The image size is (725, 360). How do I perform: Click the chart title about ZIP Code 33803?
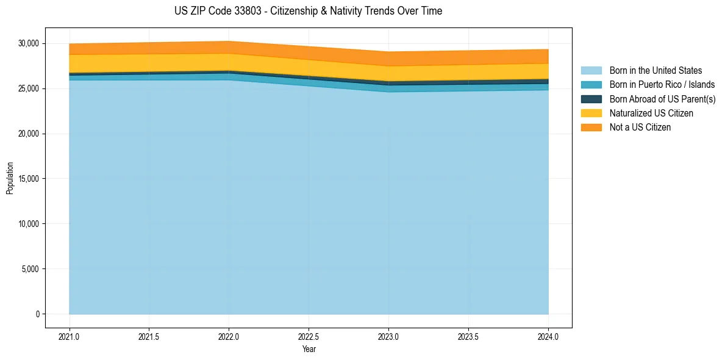pyautogui.click(x=308, y=11)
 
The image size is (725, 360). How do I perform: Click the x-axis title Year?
pyautogui.click(x=309, y=349)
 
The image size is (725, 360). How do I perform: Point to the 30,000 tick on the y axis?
pyautogui.click(x=28, y=43)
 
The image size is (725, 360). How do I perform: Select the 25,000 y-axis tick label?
pyautogui.click(x=28, y=88)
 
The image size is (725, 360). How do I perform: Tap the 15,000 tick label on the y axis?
pyautogui.click(x=28, y=179)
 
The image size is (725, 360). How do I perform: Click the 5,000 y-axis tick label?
pyautogui.click(x=30, y=269)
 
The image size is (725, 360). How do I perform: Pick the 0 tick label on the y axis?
pyautogui.click(x=37, y=314)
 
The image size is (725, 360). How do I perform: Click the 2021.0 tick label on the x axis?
pyautogui.click(x=70, y=336)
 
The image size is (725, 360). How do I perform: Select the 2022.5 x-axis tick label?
pyautogui.click(x=309, y=336)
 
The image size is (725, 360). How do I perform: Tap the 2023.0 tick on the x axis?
pyautogui.click(x=388, y=336)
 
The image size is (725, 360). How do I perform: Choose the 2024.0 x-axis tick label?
pyautogui.click(x=548, y=336)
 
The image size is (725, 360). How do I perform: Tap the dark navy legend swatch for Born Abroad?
pyautogui.click(x=591, y=99)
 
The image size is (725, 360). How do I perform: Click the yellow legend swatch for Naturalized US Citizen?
pyautogui.click(x=591, y=113)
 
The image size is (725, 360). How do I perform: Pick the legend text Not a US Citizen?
pyautogui.click(x=640, y=127)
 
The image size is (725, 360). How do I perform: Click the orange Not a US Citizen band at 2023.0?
pyautogui.click(x=388, y=59)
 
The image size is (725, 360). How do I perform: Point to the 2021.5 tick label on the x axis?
pyautogui.click(x=149, y=336)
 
